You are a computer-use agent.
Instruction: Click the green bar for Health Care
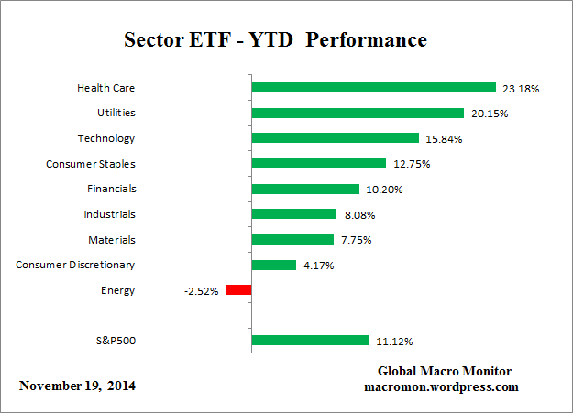click(x=373, y=89)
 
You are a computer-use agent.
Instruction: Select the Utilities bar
click(x=358, y=114)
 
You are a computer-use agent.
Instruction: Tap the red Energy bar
click(x=238, y=290)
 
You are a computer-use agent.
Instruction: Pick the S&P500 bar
click(x=310, y=341)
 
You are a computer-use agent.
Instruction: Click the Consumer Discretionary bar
click(x=273, y=265)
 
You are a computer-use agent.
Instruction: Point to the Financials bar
click(x=304, y=190)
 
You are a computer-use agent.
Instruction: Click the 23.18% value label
click(x=521, y=89)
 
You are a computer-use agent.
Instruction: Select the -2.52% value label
click(x=201, y=290)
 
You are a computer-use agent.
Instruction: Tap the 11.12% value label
click(x=394, y=342)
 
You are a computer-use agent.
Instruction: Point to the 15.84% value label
click(x=445, y=139)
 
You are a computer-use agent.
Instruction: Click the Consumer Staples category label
click(x=91, y=164)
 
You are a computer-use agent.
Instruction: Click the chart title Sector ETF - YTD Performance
click(x=275, y=41)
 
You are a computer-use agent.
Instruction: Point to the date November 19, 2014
click(x=77, y=386)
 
